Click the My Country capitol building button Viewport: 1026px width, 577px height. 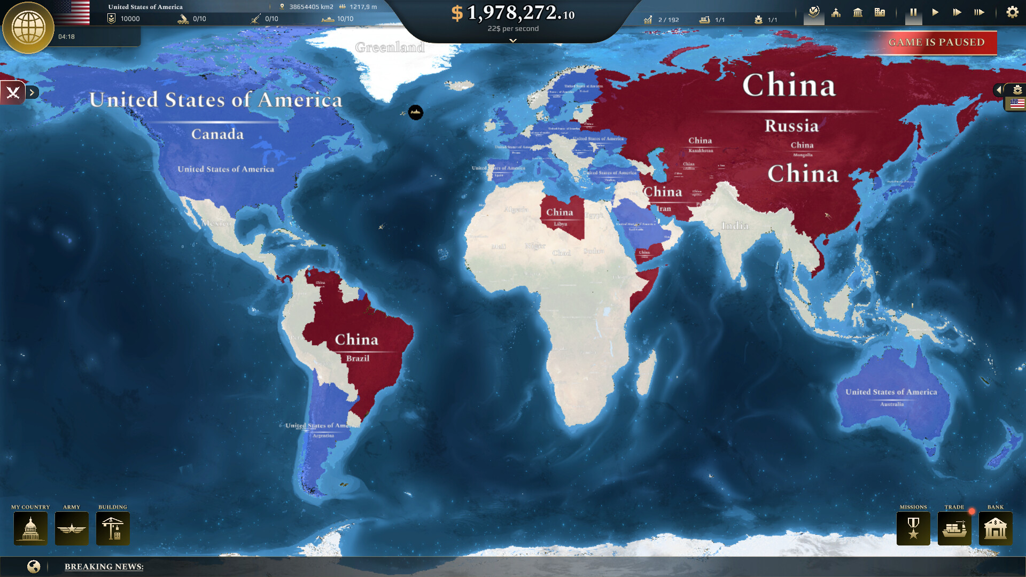pyautogui.click(x=30, y=528)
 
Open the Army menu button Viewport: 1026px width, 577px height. pyautogui.click(x=72, y=528)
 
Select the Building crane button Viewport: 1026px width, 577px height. pyautogui.click(x=113, y=528)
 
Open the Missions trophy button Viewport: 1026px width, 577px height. pyautogui.click(x=913, y=528)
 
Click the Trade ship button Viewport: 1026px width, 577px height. pyautogui.click(x=954, y=528)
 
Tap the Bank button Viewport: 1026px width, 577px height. pyautogui.click(x=996, y=528)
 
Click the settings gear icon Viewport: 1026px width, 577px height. pyautogui.click(x=1012, y=12)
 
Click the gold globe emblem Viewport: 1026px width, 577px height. pyautogui.click(x=28, y=28)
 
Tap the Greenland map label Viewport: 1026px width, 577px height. pyautogui.click(x=390, y=48)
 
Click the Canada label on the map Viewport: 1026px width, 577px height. pyautogui.click(x=217, y=134)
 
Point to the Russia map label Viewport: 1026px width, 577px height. pyautogui.click(x=791, y=126)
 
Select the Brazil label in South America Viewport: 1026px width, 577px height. pyautogui.click(x=357, y=358)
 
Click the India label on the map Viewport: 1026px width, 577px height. pyautogui.click(x=735, y=226)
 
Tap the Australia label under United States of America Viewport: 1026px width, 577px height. pyautogui.click(x=892, y=404)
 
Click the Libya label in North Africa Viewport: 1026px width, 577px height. pyautogui.click(x=560, y=224)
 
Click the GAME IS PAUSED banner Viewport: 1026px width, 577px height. pyautogui.click(x=936, y=43)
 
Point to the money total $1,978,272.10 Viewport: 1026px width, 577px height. pyautogui.click(x=513, y=13)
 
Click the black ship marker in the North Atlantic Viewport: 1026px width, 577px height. pyautogui.click(x=416, y=112)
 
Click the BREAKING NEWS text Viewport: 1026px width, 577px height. pyautogui.click(x=104, y=566)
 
